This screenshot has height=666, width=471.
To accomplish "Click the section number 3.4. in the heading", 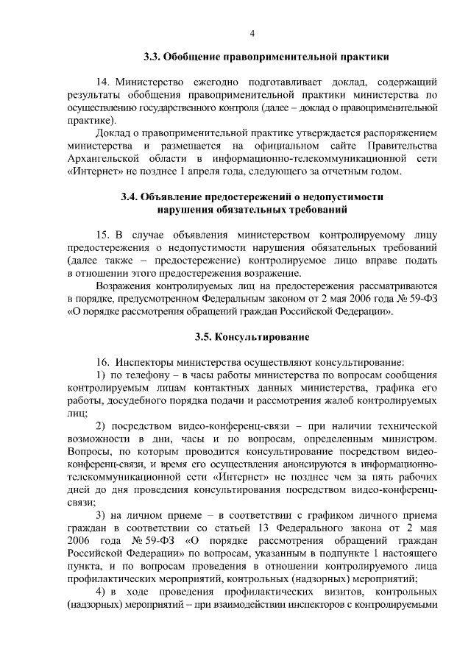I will point(130,196).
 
